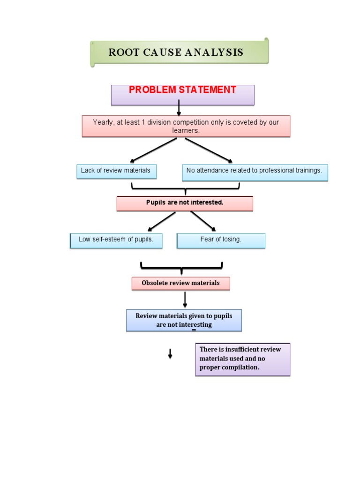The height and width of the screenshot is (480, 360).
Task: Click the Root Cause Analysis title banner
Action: [x=179, y=52]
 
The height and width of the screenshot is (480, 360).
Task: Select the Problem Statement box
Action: [x=182, y=94]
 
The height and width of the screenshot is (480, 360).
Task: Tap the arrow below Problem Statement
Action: [x=179, y=108]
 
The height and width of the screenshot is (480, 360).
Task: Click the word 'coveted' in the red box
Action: [x=242, y=122]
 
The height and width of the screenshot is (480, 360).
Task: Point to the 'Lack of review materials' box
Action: [x=116, y=171]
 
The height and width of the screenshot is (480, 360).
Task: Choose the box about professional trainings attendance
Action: [x=255, y=172]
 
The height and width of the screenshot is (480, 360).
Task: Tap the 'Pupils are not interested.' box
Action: [x=185, y=203]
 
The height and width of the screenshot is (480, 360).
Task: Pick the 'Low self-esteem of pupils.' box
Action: [x=116, y=240]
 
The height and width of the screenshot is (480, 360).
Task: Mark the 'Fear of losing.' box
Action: [x=221, y=240]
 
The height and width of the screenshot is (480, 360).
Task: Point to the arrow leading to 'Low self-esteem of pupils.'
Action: [x=162, y=221]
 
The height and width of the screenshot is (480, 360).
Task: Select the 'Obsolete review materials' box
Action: [x=180, y=283]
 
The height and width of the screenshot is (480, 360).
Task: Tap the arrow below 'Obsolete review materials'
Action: [x=185, y=300]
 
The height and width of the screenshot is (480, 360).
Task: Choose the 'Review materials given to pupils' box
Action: [x=184, y=320]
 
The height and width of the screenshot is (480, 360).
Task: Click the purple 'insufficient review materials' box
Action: [x=242, y=359]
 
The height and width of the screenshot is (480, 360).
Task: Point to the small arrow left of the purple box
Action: [x=170, y=354]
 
